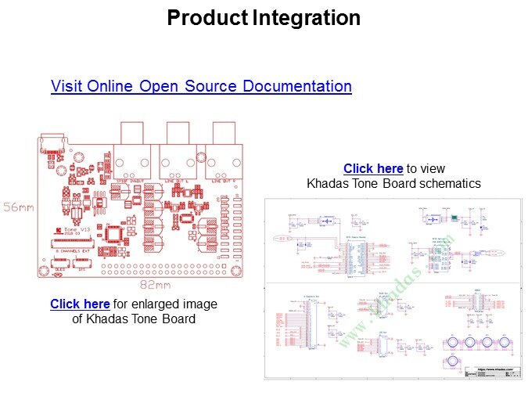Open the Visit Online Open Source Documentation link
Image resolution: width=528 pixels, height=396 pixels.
(201, 86)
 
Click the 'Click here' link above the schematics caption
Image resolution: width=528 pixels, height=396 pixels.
(373, 168)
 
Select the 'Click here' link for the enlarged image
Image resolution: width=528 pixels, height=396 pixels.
(80, 304)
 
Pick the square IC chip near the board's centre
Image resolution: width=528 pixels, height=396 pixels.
(115, 233)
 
